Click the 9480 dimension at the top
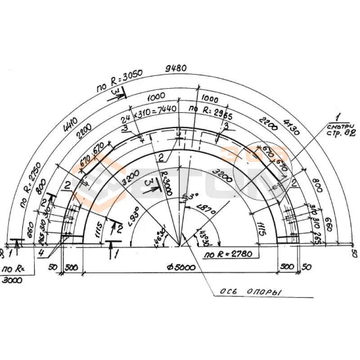[x=176, y=68]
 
